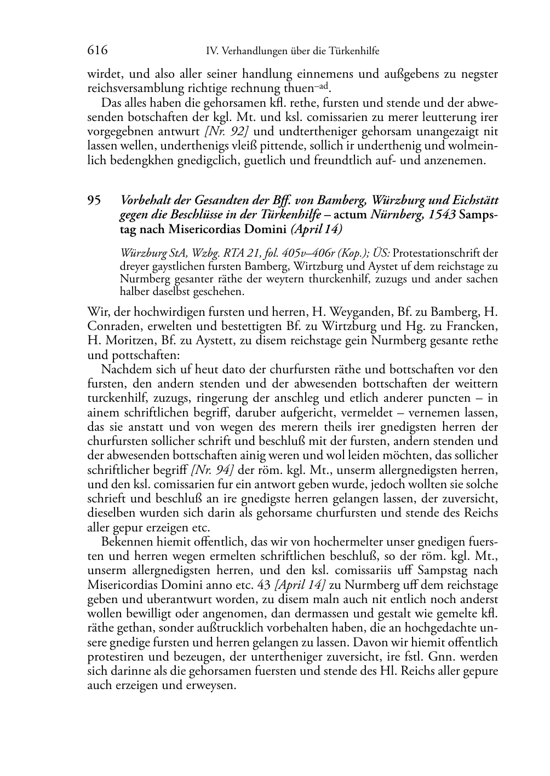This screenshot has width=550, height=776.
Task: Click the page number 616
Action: click(97, 51)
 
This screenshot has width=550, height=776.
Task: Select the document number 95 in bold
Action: click(94, 200)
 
